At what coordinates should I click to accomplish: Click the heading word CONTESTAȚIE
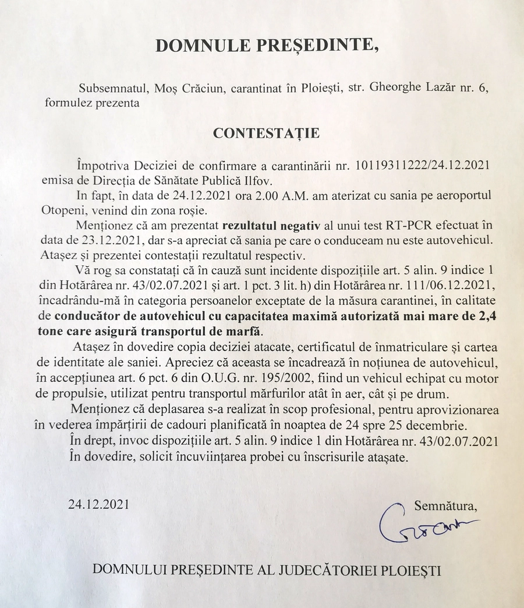click(266, 133)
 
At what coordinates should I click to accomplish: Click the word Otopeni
click(64, 209)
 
